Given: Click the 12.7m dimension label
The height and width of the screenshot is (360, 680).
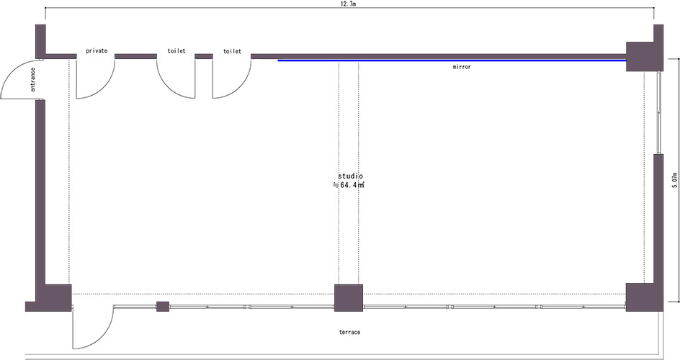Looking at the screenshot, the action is [349, 4].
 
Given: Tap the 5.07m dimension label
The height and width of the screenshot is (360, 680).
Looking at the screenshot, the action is [674, 180].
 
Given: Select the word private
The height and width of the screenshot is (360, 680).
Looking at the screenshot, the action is [97, 50].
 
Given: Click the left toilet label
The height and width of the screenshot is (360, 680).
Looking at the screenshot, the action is [176, 50].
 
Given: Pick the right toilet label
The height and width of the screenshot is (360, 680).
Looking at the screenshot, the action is [232, 51].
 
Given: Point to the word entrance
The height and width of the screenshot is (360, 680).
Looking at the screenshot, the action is [33, 80].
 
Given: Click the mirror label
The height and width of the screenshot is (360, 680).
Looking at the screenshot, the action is [462, 67].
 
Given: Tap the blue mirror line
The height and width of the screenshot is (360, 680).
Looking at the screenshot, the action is [452, 60].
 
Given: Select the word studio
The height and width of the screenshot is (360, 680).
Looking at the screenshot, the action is [351, 176].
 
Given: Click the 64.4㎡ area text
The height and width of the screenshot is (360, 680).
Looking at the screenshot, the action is [352, 185].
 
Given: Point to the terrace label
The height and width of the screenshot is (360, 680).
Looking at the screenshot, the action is [349, 332].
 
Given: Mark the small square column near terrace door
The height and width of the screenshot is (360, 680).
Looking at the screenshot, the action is [163, 307].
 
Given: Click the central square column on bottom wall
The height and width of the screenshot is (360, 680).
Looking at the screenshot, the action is [348, 298].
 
